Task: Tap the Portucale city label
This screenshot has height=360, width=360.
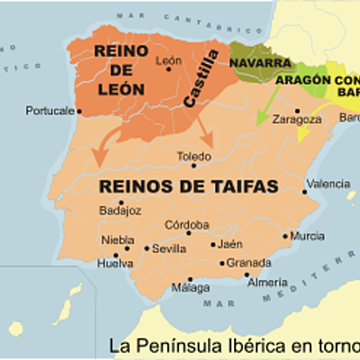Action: [x=50, y=112]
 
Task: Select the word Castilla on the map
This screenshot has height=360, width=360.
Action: [x=202, y=79]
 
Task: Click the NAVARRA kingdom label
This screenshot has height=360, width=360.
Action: [x=261, y=63]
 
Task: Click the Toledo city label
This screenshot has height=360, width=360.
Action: [x=194, y=155]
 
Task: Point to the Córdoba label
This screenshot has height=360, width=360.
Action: [x=187, y=225]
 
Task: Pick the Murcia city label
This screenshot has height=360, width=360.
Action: [x=308, y=236]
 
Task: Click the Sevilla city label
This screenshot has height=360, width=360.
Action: [x=170, y=248]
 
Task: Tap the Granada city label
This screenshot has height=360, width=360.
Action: [x=249, y=263]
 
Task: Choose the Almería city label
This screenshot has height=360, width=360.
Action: [x=267, y=282]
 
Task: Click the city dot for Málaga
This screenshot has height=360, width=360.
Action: [x=190, y=279]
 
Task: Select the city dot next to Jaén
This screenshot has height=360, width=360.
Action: [x=213, y=244]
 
